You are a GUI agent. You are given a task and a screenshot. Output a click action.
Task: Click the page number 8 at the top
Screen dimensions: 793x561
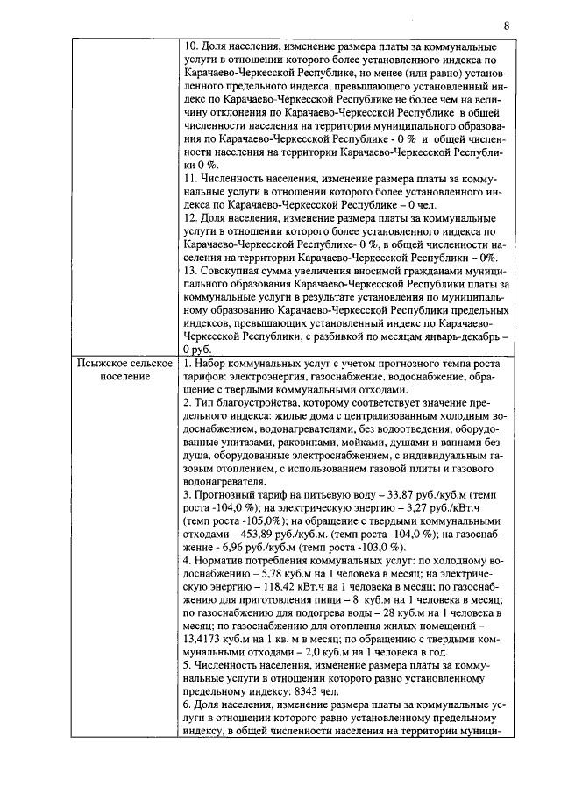(x=506, y=25)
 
